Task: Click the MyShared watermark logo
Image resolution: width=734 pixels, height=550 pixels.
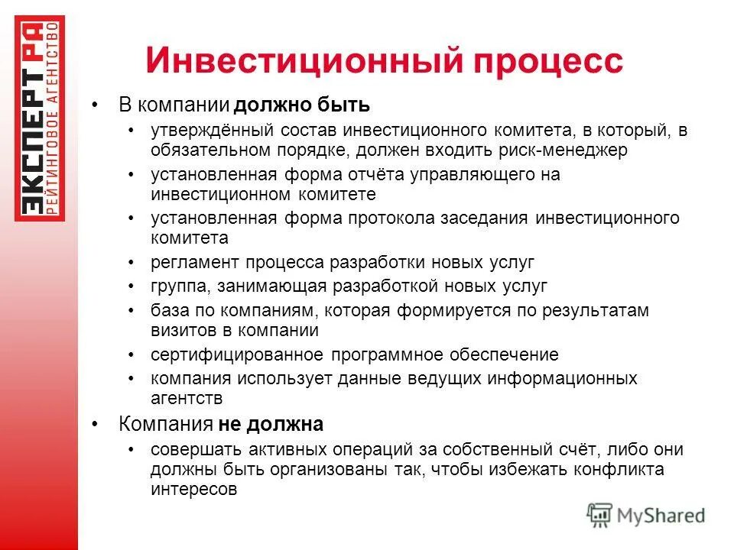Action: pos(646,514)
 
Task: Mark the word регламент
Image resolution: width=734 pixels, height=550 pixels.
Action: pos(195,263)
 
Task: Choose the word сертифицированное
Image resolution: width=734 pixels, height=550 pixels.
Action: pos(238,355)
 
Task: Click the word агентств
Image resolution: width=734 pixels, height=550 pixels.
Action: pos(186,399)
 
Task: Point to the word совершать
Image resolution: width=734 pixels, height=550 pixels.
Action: pos(187,450)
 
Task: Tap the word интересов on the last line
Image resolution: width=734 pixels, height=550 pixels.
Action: pos(193,490)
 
